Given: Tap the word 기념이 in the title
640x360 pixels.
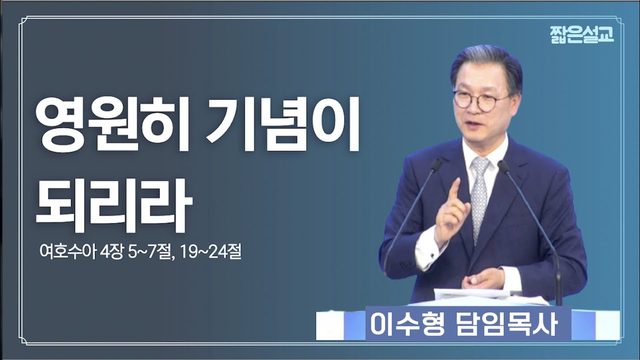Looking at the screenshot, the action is click(x=283, y=124).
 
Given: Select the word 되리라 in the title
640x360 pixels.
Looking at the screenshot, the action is click(x=114, y=206).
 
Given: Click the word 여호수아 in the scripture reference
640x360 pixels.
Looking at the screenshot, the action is click(x=68, y=251).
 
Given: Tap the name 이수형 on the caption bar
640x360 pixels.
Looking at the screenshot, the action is click(x=407, y=324).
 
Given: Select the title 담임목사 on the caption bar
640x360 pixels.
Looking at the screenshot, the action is click(x=506, y=324).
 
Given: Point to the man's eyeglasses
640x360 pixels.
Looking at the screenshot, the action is click(x=481, y=100).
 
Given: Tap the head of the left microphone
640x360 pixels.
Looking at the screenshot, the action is click(x=436, y=164).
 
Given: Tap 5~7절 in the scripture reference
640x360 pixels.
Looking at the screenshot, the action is click(x=151, y=251).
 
